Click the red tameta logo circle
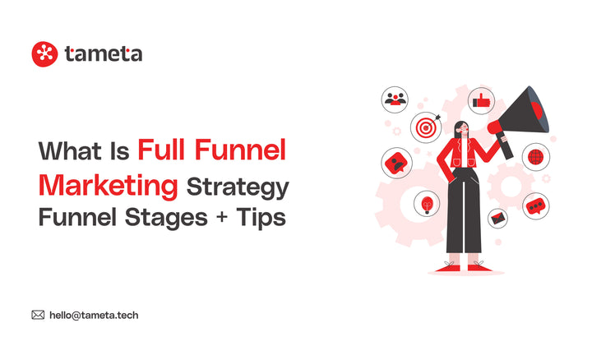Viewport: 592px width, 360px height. coord(44,54)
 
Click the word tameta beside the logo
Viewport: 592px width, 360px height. coord(104,54)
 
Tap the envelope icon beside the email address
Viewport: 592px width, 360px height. coord(38,314)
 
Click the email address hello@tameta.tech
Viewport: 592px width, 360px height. coord(99,314)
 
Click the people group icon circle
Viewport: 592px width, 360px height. coord(395,99)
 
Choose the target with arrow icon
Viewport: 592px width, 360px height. coord(425,130)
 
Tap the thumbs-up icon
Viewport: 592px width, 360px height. coord(481,102)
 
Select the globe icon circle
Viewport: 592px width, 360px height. coord(535,155)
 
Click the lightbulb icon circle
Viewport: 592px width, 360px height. coord(427,202)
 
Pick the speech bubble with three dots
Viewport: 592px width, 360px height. coord(536,205)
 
